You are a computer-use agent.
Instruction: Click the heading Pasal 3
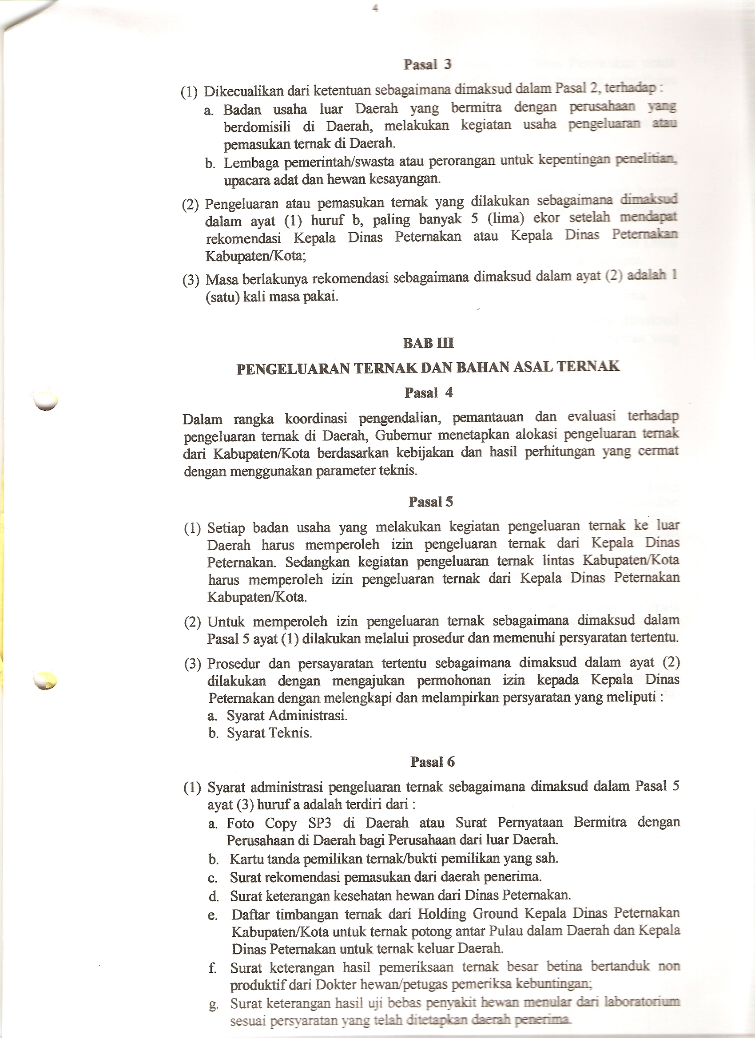(x=427, y=64)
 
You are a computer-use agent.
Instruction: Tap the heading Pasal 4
(x=428, y=392)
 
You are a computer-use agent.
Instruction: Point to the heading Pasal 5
(x=430, y=502)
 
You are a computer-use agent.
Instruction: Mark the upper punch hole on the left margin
(x=46, y=401)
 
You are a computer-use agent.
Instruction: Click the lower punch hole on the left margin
(x=46, y=680)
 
